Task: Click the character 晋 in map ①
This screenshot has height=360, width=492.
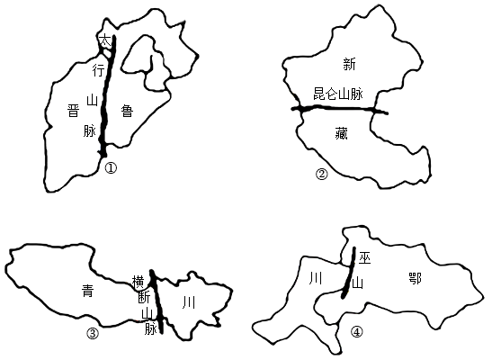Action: [73, 111]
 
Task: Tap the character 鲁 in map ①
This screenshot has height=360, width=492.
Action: [127, 111]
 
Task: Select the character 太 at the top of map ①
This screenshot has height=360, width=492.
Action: [105, 41]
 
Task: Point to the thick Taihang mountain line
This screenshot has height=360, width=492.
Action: [107, 95]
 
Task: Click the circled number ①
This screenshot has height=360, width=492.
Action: [111, 168]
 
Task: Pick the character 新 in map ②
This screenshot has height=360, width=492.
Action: [349, 65]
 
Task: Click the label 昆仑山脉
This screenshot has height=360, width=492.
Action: [338, 94]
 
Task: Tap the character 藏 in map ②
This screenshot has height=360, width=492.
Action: [341, 134]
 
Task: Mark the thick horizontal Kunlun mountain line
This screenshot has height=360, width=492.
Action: [340, 109]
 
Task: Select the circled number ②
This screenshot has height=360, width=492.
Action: [321, 175]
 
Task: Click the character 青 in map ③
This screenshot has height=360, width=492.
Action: [87, 291]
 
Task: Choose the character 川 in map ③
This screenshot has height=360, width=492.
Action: [189, 303]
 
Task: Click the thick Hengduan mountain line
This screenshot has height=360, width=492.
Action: [157, 301]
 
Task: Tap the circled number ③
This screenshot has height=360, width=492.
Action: [93, 334]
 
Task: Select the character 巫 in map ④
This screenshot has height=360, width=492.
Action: [364, 258]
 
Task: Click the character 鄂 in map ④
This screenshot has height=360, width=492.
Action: [415, 278]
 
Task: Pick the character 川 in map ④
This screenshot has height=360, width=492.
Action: [315, 278]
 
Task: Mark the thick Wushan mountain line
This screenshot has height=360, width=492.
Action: [349, 272]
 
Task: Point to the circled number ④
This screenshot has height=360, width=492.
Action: [357, 332]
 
